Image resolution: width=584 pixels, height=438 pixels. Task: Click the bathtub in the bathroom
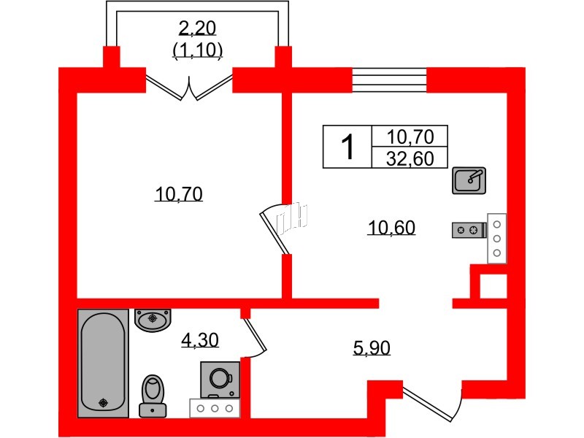point(103,363)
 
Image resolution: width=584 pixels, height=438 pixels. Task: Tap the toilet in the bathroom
point(153,396)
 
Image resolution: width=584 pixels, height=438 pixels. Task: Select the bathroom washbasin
point(153,320)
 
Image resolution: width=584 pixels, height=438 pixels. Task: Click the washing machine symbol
point(220,380)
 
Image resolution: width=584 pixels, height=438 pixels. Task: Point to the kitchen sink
point(469,180)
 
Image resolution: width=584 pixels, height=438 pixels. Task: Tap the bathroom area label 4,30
point(200,340)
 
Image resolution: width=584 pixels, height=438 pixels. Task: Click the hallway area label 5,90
point(372,348)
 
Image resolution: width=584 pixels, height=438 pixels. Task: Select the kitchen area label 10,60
point(391,227)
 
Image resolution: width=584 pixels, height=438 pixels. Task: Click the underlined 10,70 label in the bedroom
point(178,194)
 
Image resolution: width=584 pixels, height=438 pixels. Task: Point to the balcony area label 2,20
point(197,28)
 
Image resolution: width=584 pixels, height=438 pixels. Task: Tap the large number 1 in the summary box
point(348,147)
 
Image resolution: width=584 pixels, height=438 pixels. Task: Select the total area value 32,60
point(410,158)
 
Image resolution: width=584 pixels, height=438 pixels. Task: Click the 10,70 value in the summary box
point(410,137)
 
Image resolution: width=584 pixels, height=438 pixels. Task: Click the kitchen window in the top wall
point(389,80)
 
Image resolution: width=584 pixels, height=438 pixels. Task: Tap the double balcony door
point(189,88)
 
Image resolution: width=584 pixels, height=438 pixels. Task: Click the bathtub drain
point(104,403)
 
